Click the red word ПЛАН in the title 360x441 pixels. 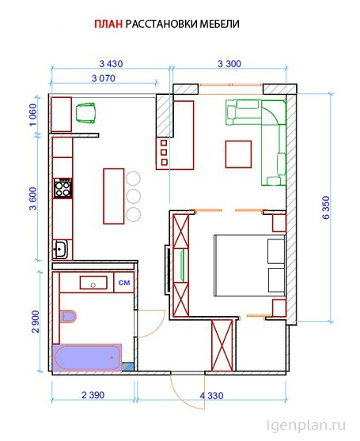[x=108, y=24]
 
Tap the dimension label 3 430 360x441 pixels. [x=111, y=64]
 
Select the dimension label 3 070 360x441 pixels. [x=104, y=78]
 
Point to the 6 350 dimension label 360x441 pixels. [x=326, y=208]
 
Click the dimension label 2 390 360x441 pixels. [x=93, y=395]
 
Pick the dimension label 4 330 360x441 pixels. [x=212, y=396]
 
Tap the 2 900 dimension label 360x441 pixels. [x=36, y=322]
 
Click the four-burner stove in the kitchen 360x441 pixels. [x=63, y=188]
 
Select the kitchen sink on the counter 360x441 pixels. [x=60, y=249]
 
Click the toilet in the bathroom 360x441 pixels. [x=68, y=316]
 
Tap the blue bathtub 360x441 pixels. [x=87, y=357]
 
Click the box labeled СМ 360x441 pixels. [x=124, y=282]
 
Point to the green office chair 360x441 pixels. [x=85, y=112]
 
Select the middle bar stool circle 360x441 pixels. [x=134, y=196]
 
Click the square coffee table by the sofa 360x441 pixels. [x=238, y=154]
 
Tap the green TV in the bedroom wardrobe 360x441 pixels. [x=182, y=265]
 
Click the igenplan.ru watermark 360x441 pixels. [x=306, y=426]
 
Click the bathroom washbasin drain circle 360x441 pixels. [x=93, y=285]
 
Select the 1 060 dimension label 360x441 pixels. [x=33, y=115]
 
